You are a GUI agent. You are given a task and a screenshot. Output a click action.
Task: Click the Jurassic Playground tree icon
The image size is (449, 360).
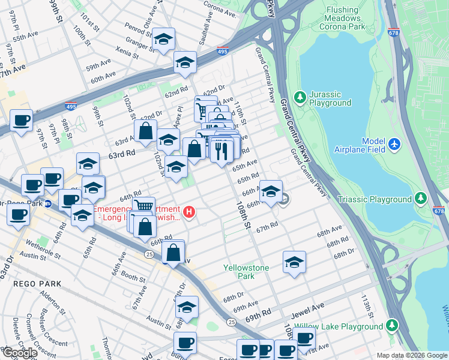(x=300, y=97)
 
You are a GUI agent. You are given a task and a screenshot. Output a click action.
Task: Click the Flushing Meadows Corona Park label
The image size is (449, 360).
(x=354, y=19)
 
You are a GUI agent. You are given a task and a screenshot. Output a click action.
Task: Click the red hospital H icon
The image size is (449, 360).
(x=190, y=212)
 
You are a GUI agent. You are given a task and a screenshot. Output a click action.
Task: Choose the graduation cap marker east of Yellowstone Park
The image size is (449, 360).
(x=294, y=262)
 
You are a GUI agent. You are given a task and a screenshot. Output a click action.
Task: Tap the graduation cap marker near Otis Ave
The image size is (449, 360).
(x=163, y=40)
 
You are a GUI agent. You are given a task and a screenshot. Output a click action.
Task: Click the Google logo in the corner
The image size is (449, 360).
(x=19, y=353)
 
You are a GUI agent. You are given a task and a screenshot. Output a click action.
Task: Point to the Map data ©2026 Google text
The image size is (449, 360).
(x=411, y=355)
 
